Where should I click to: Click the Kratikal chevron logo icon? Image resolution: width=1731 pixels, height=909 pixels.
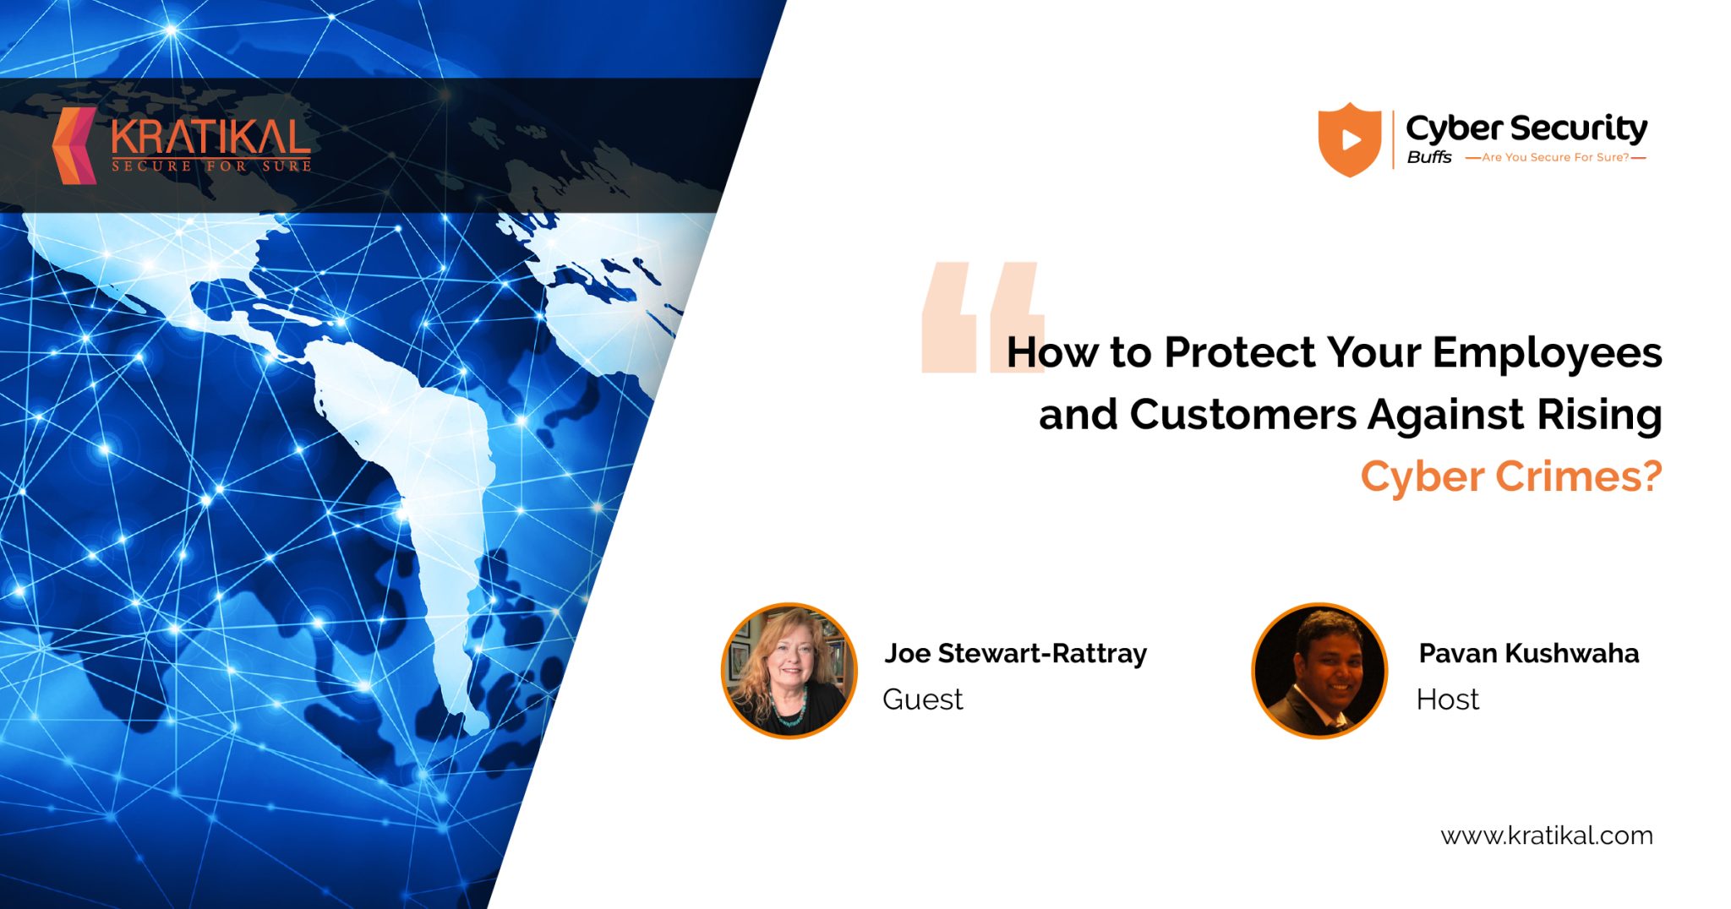click(x=74, y=145)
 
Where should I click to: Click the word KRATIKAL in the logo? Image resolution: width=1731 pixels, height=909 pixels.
click(x=210, y=138)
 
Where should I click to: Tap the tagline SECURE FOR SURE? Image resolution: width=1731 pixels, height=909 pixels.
click(x=211, y=166)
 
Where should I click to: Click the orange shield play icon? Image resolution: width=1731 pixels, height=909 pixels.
click(x=1350, y=139)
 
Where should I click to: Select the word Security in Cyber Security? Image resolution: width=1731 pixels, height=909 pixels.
click(x=1579, y=128)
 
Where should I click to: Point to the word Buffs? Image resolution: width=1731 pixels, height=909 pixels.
click(x=1429, y=157)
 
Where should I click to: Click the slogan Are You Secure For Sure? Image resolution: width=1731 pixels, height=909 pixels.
click(x=1555, y=157)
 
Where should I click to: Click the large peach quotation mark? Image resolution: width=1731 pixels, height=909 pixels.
click(x=980, y=317)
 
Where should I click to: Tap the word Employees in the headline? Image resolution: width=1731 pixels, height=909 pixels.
click(x=1547, y=354)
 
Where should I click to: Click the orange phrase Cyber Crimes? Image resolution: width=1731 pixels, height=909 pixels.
click(x=1510, y=476)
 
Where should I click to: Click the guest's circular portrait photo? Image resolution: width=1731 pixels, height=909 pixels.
click(x=789, y=671)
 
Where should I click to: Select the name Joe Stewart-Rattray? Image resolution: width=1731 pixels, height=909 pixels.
click(x=1015, y=653)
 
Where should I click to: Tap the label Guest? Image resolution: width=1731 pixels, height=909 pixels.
click(x=922, y=699)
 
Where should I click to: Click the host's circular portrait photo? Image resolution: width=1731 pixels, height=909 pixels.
click(x=1319, y=671)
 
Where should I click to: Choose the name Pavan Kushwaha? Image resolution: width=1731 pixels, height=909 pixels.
click(x=1528, y=653)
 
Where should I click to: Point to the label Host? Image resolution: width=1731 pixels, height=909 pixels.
click(x=1447, y=699)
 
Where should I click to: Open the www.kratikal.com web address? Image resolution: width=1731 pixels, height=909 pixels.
click(x=1546, y=836)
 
